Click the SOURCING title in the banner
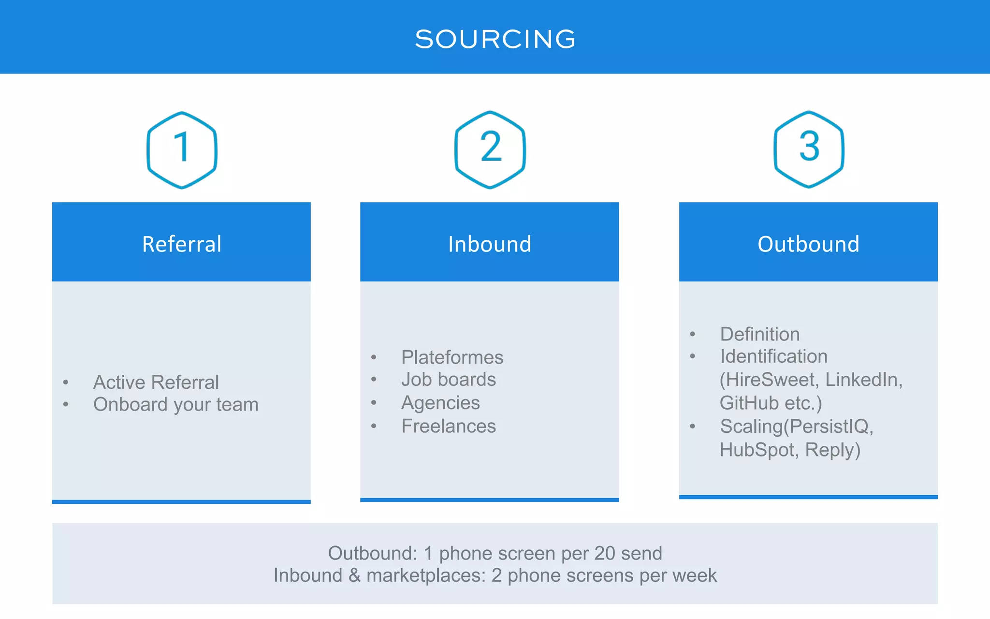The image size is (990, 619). pos(495,39)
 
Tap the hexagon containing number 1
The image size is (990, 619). pos(182,149)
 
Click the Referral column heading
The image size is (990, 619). pos(182,244)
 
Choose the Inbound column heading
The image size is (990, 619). pos(490,244)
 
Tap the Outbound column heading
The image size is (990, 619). pos(808,244)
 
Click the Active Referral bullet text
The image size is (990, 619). pos(156,382)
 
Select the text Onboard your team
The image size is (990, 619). pos(175,404)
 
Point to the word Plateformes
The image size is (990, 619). pos(452,357)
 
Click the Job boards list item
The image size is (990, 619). pos(448,380)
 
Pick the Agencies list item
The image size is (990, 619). pos(440,403)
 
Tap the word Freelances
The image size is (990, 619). pos(448,426)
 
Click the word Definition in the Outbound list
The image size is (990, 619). pos(759,334)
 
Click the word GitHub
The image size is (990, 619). pos(749,403)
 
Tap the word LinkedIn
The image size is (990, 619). pos(863,380)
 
